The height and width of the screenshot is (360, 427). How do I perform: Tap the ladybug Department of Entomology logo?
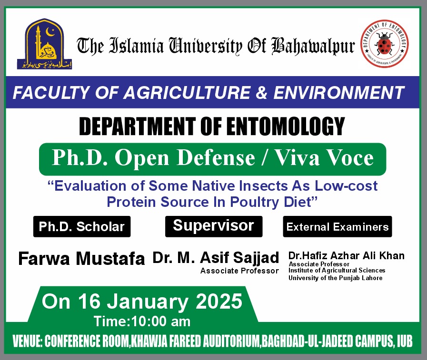point(384,46)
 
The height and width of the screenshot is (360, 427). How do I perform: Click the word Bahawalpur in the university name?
point(313,46)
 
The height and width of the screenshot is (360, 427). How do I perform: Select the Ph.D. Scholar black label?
point(82,227)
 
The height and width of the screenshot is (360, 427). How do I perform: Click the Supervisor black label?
point(213,225)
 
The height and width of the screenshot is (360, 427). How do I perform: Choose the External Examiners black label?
point(338,227)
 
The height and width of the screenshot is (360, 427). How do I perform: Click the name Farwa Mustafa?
point(81,259)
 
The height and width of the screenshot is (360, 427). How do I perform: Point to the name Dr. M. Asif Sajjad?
point(216,258)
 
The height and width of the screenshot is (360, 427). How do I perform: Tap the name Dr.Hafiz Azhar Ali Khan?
point(346,256)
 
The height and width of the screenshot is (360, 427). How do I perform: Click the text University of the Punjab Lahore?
point(335,278)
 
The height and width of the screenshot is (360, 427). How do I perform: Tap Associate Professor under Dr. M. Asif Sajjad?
point(239,271)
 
